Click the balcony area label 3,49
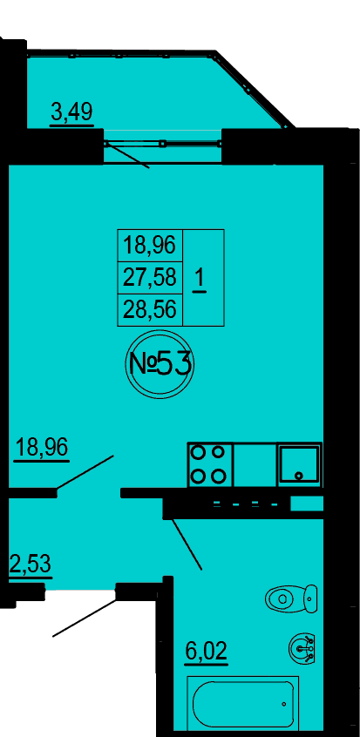(x=72, y=113)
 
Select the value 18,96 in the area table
(x=149, y=245)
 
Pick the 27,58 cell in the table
(x=149, y=277)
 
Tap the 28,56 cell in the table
(x=149, y=309)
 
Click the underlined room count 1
(x=200, y=281)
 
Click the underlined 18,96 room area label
(x=42, y=448)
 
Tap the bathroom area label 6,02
(x=207, y=652)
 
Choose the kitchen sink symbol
(x=299, y=464)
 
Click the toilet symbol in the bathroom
(x=291, y=599)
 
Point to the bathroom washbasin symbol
(x=302, y=647)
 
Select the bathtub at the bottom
(x=243, y=702)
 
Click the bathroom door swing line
(x=187, y=544)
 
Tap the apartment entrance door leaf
(x=85, y=618)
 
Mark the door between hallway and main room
(x=85, y=472)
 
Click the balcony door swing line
(x=127, y=155)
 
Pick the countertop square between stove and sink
(x=255, y=464)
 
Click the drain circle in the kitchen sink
(x=298, y=476)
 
